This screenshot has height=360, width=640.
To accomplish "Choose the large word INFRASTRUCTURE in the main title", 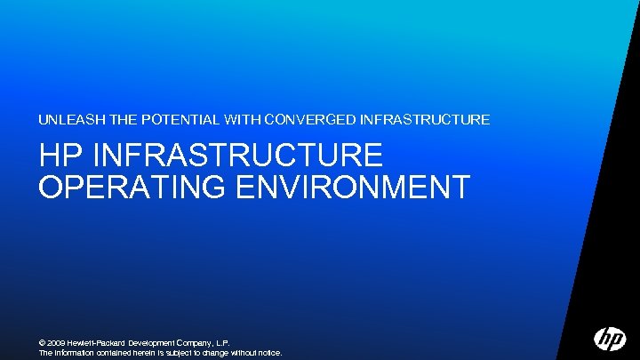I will tap(238, 156).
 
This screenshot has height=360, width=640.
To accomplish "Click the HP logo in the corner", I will tap(610, 339).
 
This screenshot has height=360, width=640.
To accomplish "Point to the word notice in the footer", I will tap(269, 353).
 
